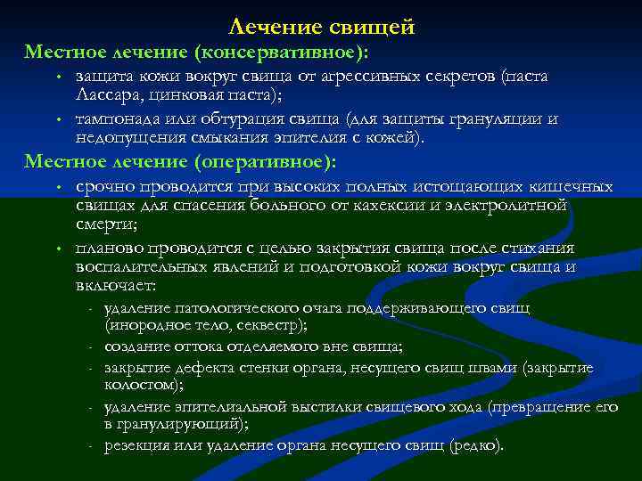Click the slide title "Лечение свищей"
click(322, 28)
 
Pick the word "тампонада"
click(115, 119)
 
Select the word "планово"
click(110, 248)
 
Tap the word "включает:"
click(116, 286)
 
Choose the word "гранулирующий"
click(186, 424)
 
